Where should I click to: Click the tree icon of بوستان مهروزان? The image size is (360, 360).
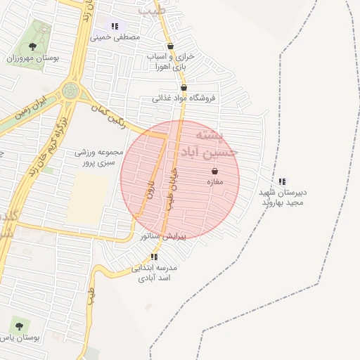(x=33, y=46)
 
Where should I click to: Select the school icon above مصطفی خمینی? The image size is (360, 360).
(x=115, y=26)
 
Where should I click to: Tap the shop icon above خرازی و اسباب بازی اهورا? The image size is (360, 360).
(x=170, y=46)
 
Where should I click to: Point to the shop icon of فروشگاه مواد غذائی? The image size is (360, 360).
(x=184, y=88)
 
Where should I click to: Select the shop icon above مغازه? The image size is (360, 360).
(x=214, y=171)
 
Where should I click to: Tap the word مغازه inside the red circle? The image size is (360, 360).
(x=214, y=182)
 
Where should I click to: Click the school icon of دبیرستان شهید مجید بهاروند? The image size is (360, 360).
(x=282, y=181)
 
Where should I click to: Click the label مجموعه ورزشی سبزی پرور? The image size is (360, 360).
(x=99, y=157)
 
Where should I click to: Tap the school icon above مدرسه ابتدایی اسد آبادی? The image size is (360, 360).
(x=154, y=257)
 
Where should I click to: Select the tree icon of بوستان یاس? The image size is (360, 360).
(x=18, y=326)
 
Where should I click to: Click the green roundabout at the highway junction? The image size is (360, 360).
(x=70, y=91)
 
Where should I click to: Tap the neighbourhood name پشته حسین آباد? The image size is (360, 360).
(x=215, y=143)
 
